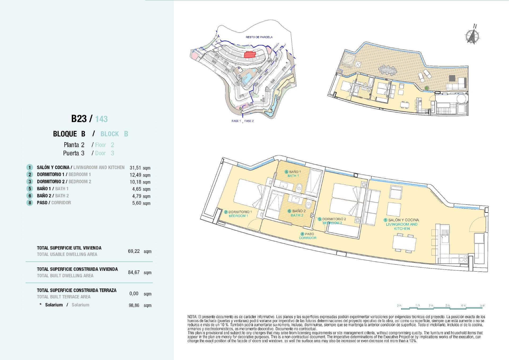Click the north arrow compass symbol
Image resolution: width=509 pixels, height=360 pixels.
click(x=472, y=36)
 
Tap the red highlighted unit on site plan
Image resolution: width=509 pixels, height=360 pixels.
click(x=249, y=55)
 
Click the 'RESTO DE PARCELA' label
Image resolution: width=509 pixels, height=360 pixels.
click(x=259, y=37)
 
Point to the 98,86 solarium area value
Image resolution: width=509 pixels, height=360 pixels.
click(x=134, y=305)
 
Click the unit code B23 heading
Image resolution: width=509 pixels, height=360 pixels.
click(x=79, y=119)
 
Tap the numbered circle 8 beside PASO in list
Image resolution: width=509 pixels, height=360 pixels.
click(x=30, y=203)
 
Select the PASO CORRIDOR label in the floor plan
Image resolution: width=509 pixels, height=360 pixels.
click(x=308, y=236)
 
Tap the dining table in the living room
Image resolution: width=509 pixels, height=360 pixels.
click(x=404, y=242)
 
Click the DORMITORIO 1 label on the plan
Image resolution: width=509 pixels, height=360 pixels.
click(x=240, y=212)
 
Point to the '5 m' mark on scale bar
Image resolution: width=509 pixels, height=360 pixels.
click(x=482, y=306)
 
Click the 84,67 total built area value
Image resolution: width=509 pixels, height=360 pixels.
click(x=134, y=272)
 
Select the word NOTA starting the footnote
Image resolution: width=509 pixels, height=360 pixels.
click(x=192, y=317)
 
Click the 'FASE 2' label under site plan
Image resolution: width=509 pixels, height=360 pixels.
click(x=249, y=121)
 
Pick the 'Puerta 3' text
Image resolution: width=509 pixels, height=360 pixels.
click(x=74, y=153)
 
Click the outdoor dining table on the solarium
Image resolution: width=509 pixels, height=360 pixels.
click(x=388, y=70)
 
